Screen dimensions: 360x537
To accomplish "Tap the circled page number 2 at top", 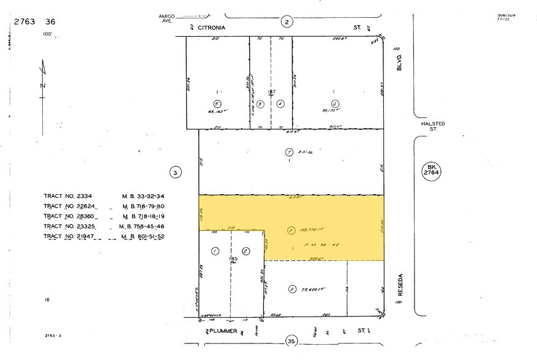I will [x=287, y=23].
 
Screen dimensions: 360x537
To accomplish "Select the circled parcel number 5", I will [x=216, y=103].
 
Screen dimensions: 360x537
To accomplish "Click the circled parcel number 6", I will [x=334, y=103].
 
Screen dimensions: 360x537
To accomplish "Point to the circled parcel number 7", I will [x=289, y=152].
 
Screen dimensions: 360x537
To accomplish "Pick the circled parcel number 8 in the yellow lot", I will [x=290, y=231].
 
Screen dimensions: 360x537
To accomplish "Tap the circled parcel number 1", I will [x=215, y=251].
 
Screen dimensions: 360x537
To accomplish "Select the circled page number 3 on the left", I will [x=175, y=173].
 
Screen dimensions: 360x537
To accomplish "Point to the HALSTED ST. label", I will [x=432, y=126].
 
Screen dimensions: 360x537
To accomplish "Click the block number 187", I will [x=271, y=92].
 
